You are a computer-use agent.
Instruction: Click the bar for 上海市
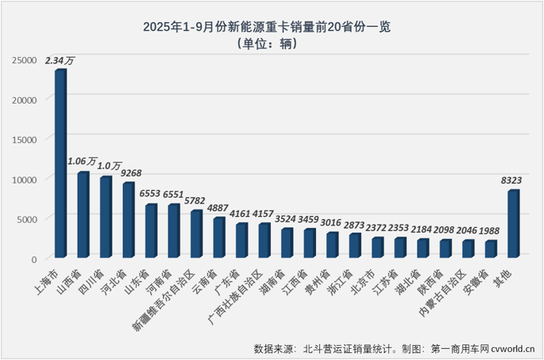pos(60,164)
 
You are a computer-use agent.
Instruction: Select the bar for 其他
pos(513,224)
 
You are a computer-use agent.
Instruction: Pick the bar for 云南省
pos(219,237)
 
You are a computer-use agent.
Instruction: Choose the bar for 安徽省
pos(490,249)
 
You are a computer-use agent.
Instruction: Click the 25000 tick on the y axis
pos(26,60)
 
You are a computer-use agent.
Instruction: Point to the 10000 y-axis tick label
pos(26,180)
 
